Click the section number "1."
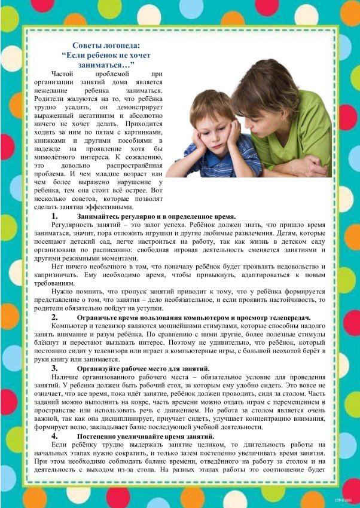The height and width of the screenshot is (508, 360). point(54,216)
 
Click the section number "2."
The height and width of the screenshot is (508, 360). point(54,317)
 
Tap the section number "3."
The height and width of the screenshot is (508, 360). point(54,369)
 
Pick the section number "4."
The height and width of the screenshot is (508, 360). point(54,437)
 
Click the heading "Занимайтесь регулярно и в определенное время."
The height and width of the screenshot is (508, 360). point(156,216)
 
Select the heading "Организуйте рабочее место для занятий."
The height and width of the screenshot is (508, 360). point(143,369)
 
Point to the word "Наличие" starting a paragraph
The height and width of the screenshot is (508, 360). point(66,378)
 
